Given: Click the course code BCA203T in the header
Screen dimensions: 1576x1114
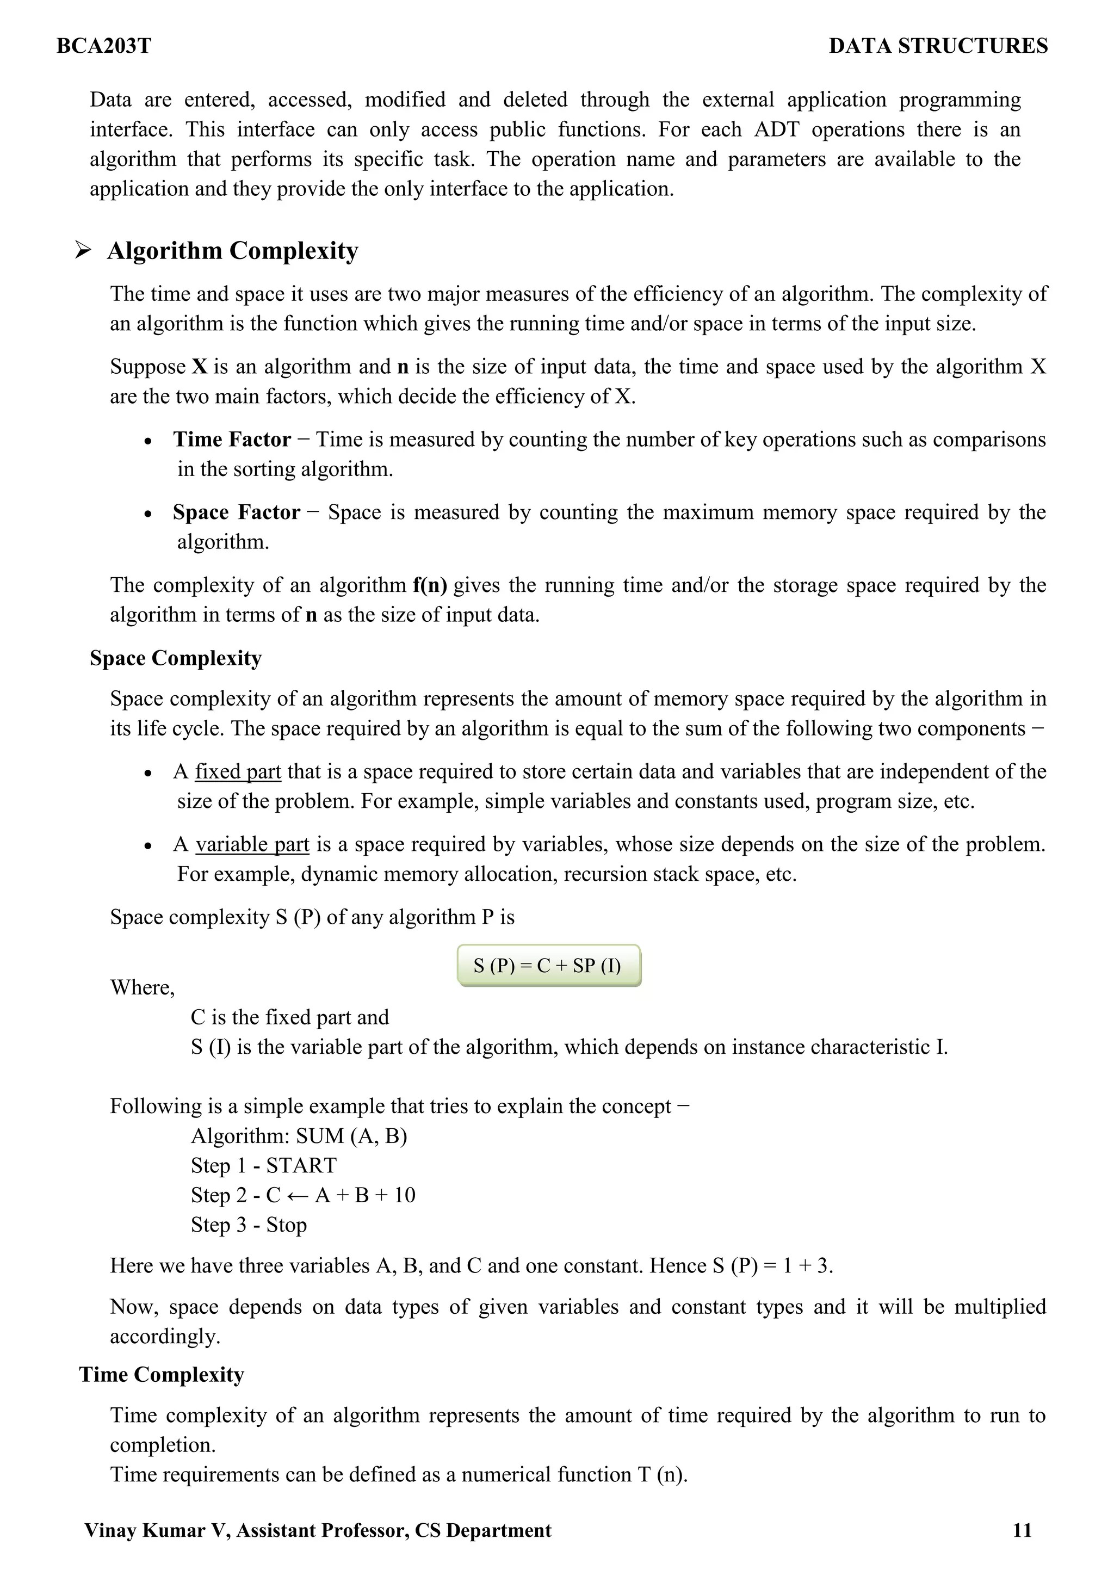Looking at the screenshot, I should tap(104, 46).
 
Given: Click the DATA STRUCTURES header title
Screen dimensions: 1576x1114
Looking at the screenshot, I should tap(938, 46).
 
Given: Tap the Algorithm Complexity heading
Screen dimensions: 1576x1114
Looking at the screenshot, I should tap(233, 251).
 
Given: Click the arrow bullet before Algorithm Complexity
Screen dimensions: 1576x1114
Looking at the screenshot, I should tap(83, 251).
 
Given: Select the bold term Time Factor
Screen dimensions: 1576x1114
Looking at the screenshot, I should tap(232, 440).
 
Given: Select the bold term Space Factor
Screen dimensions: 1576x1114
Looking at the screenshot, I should tap(236, 512).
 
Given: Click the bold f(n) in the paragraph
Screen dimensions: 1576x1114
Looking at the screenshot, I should tap(430, 585).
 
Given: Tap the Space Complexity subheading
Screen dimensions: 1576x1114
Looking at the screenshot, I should tap(176, 658).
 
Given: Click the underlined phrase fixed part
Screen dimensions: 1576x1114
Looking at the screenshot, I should tap(238, 771).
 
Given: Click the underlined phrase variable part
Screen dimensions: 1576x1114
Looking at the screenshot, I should tap(252, 844).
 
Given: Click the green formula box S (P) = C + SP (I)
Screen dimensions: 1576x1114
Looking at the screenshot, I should tap(548, 966).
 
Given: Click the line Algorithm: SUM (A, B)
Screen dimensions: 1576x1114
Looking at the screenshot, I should tap(299, 1136).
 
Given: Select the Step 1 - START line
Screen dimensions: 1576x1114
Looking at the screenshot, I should tap(264, 1165).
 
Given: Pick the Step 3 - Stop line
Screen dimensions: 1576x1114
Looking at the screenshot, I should tap(249, 1225).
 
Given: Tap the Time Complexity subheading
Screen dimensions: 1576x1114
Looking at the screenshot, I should tap(162, 1375).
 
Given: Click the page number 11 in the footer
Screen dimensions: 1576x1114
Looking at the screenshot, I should tap(1022, 1531).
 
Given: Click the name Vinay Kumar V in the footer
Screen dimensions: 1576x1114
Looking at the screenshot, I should tap(157, 1531).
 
